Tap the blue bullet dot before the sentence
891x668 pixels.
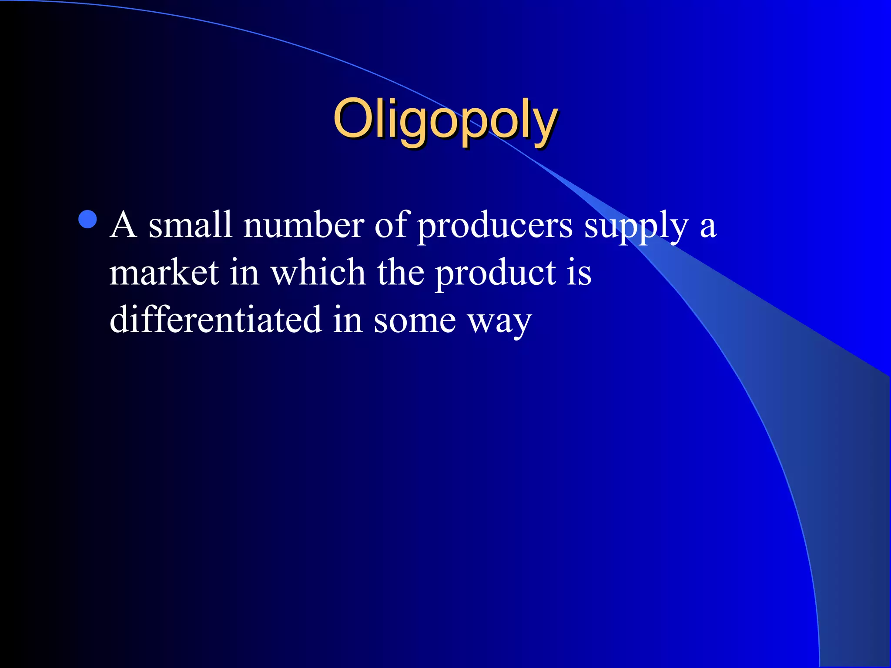pos(88,220)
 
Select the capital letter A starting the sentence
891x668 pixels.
pos(124,225)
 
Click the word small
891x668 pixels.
pos(190,225)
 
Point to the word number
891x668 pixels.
pos(303,225)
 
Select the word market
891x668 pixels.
pos(164,273)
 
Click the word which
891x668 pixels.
pos(318,273)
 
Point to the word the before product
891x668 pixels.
pos(400,273)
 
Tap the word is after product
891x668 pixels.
pos(579,273)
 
